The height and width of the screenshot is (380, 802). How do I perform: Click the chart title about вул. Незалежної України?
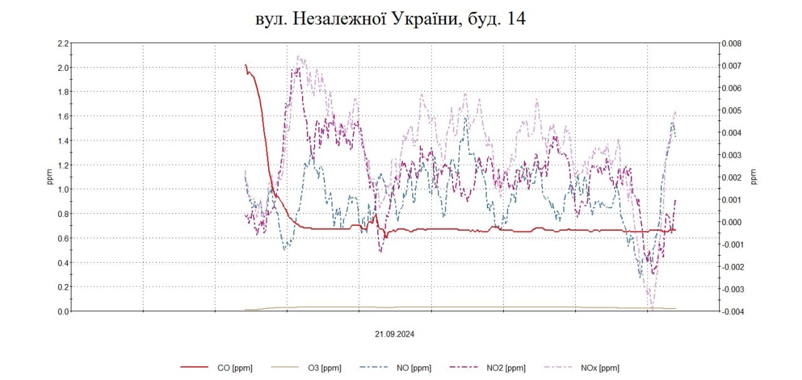pos(390,19)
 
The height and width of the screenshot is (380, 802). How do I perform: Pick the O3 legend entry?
pos(325,368)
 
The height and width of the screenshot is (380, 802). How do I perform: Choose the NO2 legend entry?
pos(505,368)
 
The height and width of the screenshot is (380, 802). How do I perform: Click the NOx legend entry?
pos(600,368)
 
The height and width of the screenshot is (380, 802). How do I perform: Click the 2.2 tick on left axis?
pos(62,43)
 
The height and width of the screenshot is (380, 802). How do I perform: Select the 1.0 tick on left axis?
pos(62,189)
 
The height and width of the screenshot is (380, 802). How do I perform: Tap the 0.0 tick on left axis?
pos(62,311)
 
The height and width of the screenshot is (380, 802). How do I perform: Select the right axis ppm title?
pos(754,177)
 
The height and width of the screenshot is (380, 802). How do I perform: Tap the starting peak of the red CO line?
pos(246,65)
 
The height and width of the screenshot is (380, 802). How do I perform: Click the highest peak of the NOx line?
pos(299,57)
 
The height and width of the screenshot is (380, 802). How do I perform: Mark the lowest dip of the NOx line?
pos(652,309)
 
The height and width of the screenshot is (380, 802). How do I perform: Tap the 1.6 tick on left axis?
pos(62,117)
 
